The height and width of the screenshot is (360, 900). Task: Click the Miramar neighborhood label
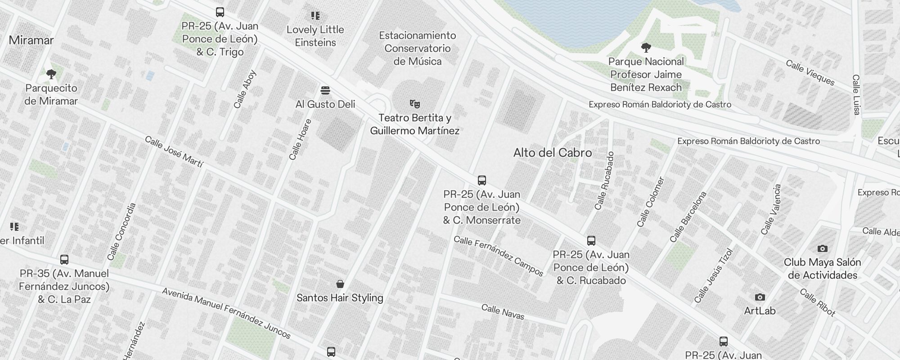[31, 40]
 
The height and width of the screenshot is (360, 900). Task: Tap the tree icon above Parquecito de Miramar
[51, 74]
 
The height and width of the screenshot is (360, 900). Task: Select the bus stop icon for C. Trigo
[220, 12]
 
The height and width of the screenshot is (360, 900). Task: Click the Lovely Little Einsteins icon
[315, 16]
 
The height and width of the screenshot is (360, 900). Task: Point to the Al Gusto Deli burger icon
[325, 91]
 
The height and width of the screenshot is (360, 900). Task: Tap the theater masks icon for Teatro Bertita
[415, 104]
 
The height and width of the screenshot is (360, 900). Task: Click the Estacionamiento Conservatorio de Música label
[417, 49]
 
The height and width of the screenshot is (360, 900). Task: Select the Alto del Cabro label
[552, 153]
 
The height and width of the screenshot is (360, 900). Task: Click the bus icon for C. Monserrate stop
[482, 181]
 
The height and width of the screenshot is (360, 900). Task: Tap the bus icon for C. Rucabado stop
[591, 241]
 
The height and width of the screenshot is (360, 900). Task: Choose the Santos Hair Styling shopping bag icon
[340, 284]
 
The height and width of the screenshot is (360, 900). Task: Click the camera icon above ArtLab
[760, 297]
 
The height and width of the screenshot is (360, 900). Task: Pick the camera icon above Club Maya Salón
[822, 249]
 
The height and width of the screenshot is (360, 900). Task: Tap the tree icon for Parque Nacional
[646, 48]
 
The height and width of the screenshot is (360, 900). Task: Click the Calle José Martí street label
[174, 152]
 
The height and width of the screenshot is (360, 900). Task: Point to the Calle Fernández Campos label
[498, 256]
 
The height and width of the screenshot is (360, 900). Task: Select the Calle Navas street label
[503, 312]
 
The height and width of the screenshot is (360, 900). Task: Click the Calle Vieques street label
[810, 72]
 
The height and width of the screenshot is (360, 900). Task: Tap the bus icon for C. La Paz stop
[64, 260]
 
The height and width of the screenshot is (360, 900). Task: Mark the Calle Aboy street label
[245, 89]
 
